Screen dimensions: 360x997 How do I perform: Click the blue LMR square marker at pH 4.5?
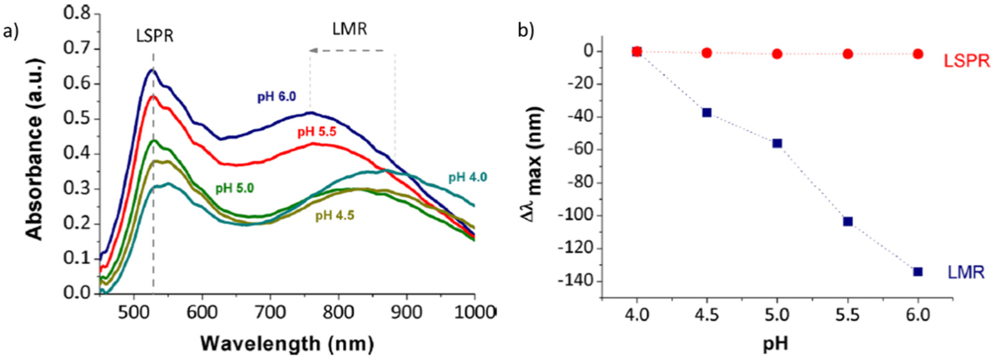pos(707,113)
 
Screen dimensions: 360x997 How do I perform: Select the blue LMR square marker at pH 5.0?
pos(777,143)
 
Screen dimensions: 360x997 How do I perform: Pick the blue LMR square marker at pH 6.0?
pos(918,272)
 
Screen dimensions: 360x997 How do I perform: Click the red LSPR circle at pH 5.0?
pos(777,54)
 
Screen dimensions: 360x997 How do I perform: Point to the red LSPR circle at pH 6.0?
pos(918,54)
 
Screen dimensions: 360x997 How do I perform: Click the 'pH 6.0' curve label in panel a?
pos(277,96)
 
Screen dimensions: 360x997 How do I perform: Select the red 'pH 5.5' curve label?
pos(317,132)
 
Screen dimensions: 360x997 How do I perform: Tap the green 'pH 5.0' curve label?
pos(234,189)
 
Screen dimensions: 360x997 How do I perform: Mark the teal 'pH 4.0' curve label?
pos(468,178)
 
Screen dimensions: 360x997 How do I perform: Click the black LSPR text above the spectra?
pos(155,36)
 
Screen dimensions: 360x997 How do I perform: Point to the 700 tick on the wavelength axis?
pos(270,312)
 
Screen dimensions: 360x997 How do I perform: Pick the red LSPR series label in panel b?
pos(966,61)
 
